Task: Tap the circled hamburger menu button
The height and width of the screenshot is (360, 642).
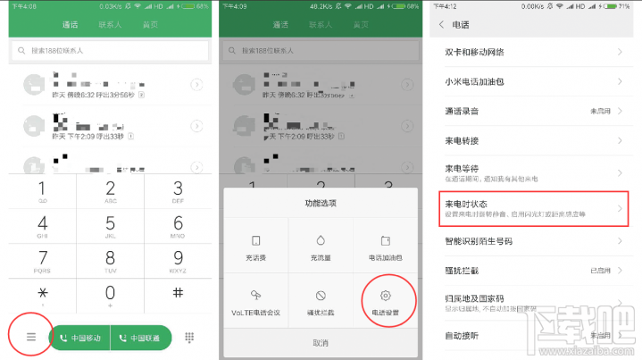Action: [x=30, y=337]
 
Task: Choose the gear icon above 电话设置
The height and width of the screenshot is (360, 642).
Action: [x=386, y=295]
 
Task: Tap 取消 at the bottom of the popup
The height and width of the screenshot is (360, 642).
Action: [x=320, y=343]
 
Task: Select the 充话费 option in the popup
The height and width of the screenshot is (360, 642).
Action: [x=255, y=247]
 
